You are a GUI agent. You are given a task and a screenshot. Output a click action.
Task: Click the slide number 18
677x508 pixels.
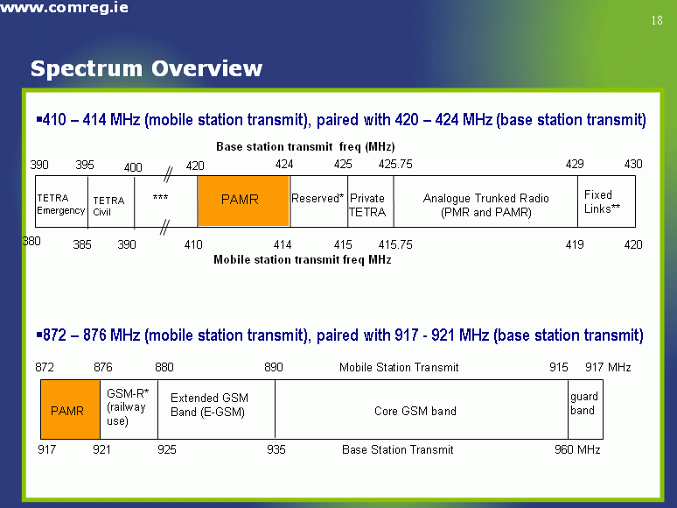[x=657, y=20]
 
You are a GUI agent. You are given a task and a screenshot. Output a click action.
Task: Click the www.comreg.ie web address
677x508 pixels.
[x=65, y=7]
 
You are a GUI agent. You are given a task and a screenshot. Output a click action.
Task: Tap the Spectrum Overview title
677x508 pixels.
[x=146, y=68]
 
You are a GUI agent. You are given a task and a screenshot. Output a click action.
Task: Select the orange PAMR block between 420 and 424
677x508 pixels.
[x=243, y=201]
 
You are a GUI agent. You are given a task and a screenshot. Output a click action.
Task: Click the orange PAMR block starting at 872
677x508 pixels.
[x=70, y=409]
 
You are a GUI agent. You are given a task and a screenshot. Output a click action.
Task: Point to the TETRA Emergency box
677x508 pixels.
[x=61, y=201]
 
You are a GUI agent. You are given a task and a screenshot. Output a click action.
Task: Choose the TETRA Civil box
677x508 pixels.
[x=111, y=201]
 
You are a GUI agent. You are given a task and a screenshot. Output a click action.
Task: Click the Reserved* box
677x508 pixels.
[x=319, y=201]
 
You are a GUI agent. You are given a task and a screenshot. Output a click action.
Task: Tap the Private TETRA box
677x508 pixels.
[x=371, y=201]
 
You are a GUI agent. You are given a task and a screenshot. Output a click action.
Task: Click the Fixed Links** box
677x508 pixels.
[x=607, y=201]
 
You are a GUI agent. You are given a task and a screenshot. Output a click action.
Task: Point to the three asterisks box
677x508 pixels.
[x=166, y=201]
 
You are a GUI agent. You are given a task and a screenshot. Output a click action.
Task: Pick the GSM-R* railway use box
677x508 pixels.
[x=129, y=409]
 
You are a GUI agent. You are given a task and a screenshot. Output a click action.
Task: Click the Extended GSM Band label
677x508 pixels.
[x=209, y=405]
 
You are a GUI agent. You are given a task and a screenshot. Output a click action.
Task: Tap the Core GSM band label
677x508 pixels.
[x=415, y=411]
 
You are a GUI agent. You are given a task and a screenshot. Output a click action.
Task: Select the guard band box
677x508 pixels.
[x=585, y=409]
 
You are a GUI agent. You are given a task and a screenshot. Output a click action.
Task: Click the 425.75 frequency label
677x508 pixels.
[x=395, y=165]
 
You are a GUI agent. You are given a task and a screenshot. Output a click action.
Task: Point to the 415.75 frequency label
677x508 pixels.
[x=395, y=244]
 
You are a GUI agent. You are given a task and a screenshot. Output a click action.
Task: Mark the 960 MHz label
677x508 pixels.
[x=577, y=449]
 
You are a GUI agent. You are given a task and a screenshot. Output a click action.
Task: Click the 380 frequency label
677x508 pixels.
[x=31, y=241]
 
